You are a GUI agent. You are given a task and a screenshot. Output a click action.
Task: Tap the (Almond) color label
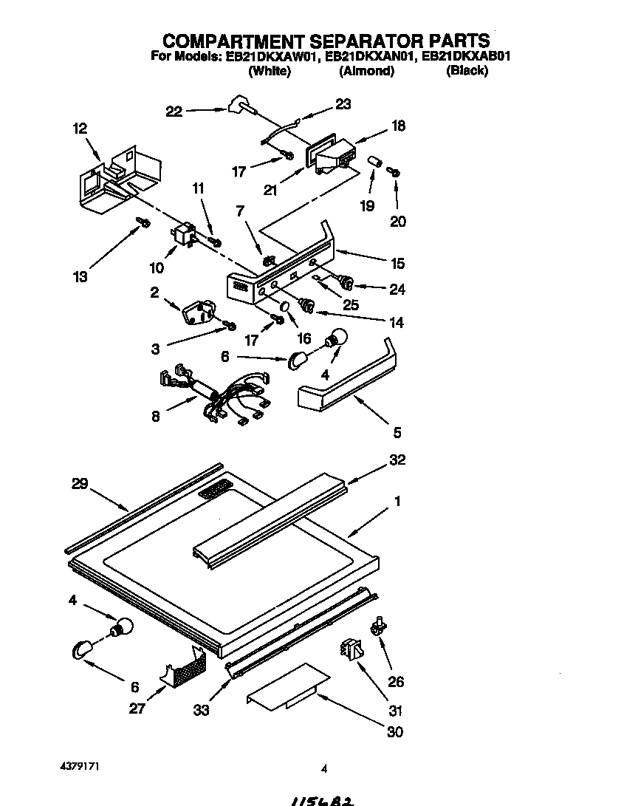[x=366, y=72]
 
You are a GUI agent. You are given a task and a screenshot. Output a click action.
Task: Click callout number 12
[x=80, y=129]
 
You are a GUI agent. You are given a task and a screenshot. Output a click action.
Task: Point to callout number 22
[x=174, y=112]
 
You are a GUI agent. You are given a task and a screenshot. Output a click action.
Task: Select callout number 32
[x=397, y=460]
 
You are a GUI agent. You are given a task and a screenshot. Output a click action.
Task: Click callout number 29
[x=80, y=485]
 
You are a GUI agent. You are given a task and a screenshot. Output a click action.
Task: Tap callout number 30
[x=396, y=731]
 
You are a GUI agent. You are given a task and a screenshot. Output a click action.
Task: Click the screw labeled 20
[x=394, y=171]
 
